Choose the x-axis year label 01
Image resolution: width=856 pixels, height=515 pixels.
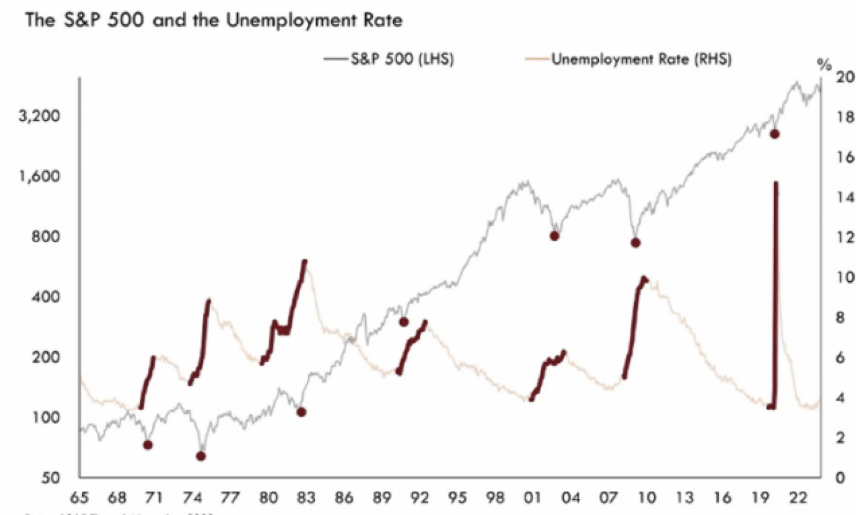(532, 498)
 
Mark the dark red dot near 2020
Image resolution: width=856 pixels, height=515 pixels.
(775, 134)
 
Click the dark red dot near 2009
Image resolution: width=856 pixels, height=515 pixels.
(635, 243)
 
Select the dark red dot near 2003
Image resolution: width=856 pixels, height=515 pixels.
(555, 236)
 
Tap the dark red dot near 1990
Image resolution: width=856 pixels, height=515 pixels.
(404, 321)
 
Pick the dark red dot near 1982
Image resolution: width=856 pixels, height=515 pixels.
(301, 412)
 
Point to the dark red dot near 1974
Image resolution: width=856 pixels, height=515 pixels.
(201, 456)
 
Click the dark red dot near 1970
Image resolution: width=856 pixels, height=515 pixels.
(148, 445)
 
